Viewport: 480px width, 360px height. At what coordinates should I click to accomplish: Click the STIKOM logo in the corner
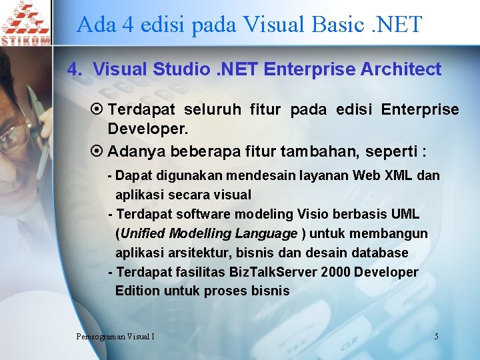click(25, 23)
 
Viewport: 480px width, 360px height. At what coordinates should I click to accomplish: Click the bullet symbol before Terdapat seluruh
click(98, 109)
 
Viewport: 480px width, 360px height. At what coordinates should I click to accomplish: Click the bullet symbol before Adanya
click(98, 151)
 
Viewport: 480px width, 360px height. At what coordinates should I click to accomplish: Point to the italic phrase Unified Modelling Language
click(208, 233)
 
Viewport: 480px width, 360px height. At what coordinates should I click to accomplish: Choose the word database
click(377, 253)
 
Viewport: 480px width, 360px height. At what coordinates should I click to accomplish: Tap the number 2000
click(334, 272)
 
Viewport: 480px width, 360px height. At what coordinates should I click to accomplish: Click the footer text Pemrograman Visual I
click(115, 336)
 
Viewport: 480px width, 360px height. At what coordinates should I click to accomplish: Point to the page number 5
click(436, 336)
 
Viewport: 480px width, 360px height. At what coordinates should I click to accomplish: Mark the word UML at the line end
click(405, 214)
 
